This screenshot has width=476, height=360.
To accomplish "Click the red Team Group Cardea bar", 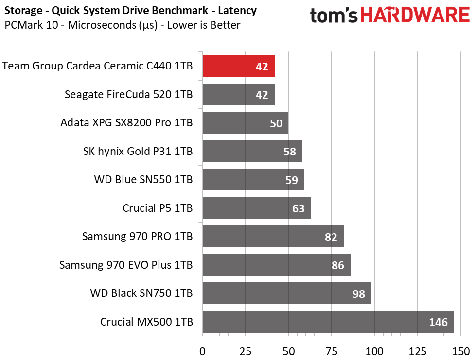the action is [239, 66].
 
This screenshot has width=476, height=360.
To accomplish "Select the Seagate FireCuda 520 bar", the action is [239, 94].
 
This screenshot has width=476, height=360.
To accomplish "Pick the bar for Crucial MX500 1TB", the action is [328, 322].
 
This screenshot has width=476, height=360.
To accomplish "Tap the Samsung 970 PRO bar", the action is [273, 236].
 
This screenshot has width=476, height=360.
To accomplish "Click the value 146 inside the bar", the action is [438, 322].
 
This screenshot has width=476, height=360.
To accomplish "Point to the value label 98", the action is [358, 293].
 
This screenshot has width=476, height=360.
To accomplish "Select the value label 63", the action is [298, 208].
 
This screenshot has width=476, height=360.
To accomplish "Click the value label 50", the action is [276, 123].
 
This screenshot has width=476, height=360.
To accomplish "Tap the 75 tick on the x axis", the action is [331, 351].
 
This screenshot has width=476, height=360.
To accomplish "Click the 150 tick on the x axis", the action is [460, 351].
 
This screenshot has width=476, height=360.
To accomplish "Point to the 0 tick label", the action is [202, 351].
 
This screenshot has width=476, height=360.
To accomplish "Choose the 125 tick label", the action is [417, 351].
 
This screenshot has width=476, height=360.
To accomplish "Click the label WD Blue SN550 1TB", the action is [143, 179].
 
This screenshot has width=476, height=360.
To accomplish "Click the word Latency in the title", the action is [237, 10].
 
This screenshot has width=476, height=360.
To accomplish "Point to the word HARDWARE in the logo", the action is [415, 15].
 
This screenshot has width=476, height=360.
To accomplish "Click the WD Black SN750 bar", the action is [287, 293].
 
